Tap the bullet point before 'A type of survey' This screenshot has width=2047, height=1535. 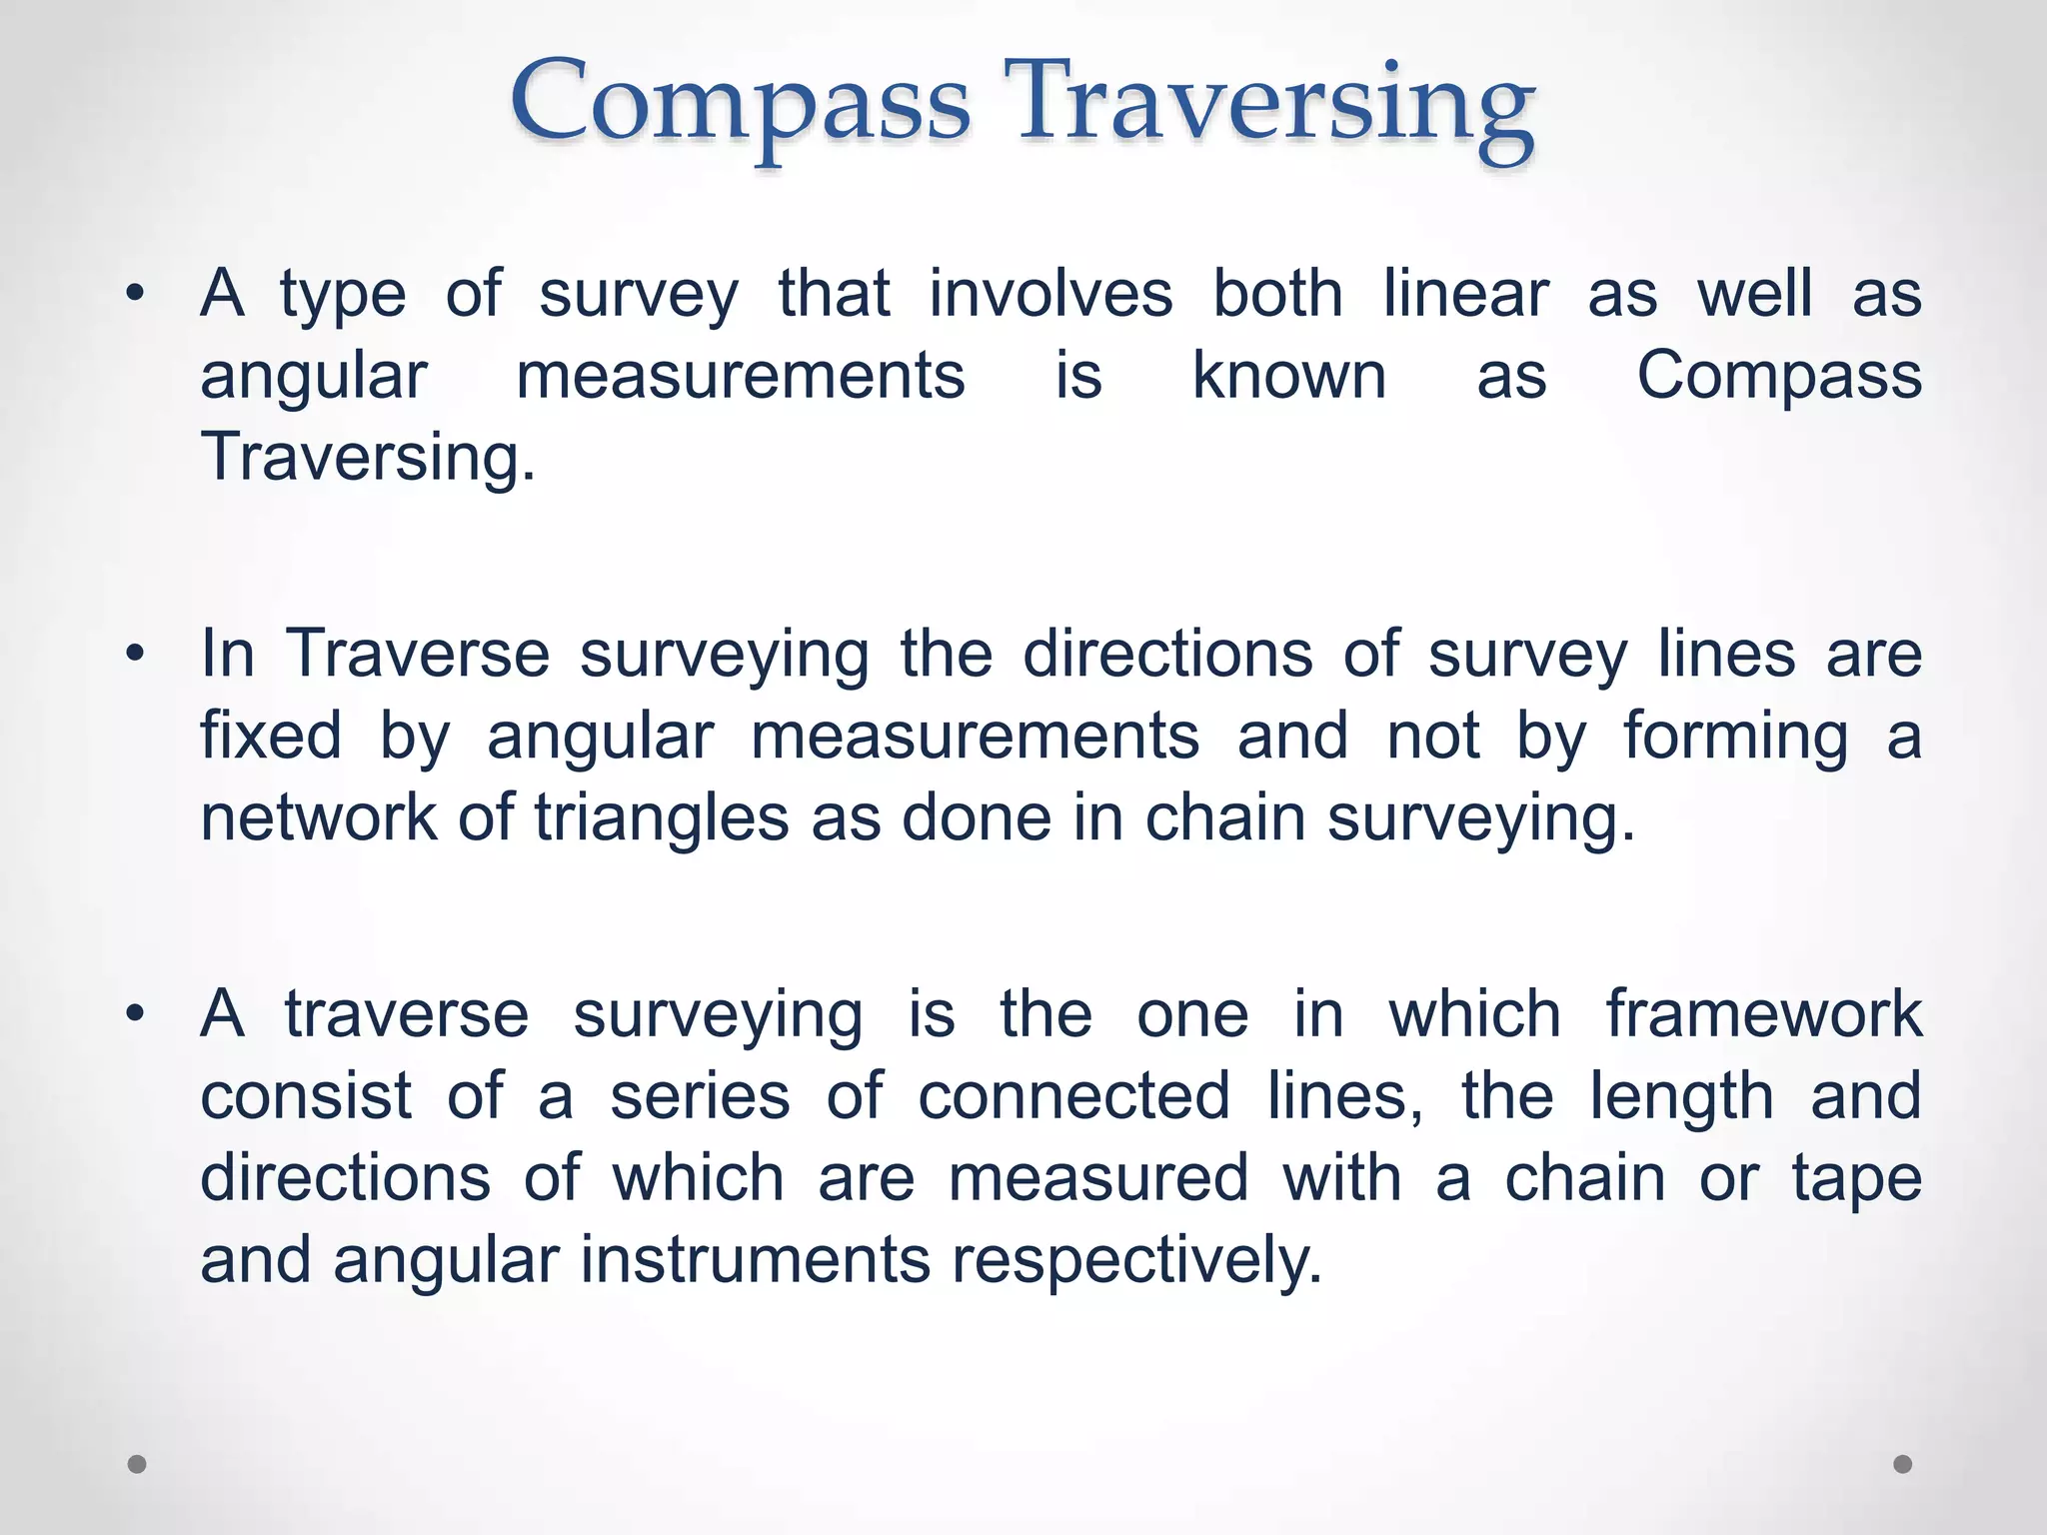tap(136, 294)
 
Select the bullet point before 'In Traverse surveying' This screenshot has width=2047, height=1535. tap(136, 655)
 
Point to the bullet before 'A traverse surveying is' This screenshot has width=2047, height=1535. tap(136, 1014)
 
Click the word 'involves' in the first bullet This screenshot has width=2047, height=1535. tap(1050, 294)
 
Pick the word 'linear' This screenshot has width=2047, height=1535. tap(1465, 294)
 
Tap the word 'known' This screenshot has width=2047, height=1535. tap(1289, 377)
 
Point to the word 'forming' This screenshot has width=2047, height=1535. tap(1735, 737)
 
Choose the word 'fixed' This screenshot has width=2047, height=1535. tap(271, 737)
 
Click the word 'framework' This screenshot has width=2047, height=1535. tap(1763, 1014)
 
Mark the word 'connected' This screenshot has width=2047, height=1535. tap(1073, 1096)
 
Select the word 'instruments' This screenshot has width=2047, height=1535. tap(756, 1260)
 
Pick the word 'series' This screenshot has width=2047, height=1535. tap(700, 1096)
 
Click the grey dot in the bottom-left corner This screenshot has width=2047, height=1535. tap(138, 1464)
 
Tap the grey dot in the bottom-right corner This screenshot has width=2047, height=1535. tap(1903, 1464)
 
